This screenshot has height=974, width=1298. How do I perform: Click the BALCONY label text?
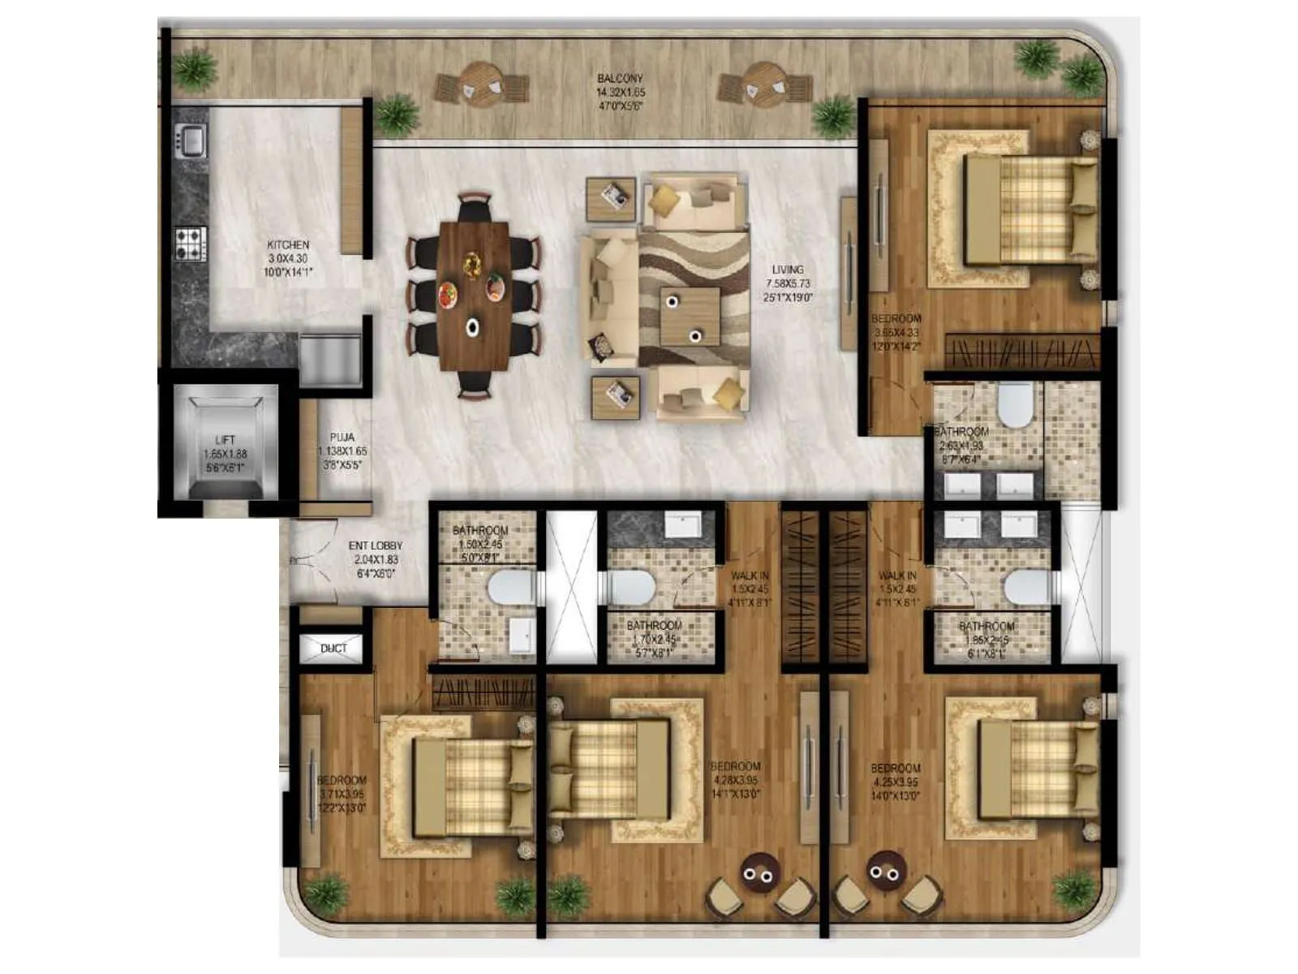620,79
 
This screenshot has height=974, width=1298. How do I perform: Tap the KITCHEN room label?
288,244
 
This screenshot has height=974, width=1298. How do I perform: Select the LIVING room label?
788,269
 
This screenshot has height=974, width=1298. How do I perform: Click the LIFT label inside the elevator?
226,440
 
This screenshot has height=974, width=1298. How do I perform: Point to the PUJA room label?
342,437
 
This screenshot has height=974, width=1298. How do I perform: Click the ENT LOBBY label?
376,546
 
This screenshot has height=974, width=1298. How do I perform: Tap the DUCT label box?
333,649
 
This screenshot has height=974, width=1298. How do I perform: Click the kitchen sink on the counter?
192,140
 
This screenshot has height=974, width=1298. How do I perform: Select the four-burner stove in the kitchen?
191,243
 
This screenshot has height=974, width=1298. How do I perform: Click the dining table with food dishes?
474,295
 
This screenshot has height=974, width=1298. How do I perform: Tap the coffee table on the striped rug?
690,317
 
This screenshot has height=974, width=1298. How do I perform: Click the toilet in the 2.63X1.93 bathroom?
1013,405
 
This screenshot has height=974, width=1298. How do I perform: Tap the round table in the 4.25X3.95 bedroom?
885,871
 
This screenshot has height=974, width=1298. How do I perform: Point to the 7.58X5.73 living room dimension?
788,284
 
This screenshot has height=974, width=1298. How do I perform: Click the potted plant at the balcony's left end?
195,67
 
